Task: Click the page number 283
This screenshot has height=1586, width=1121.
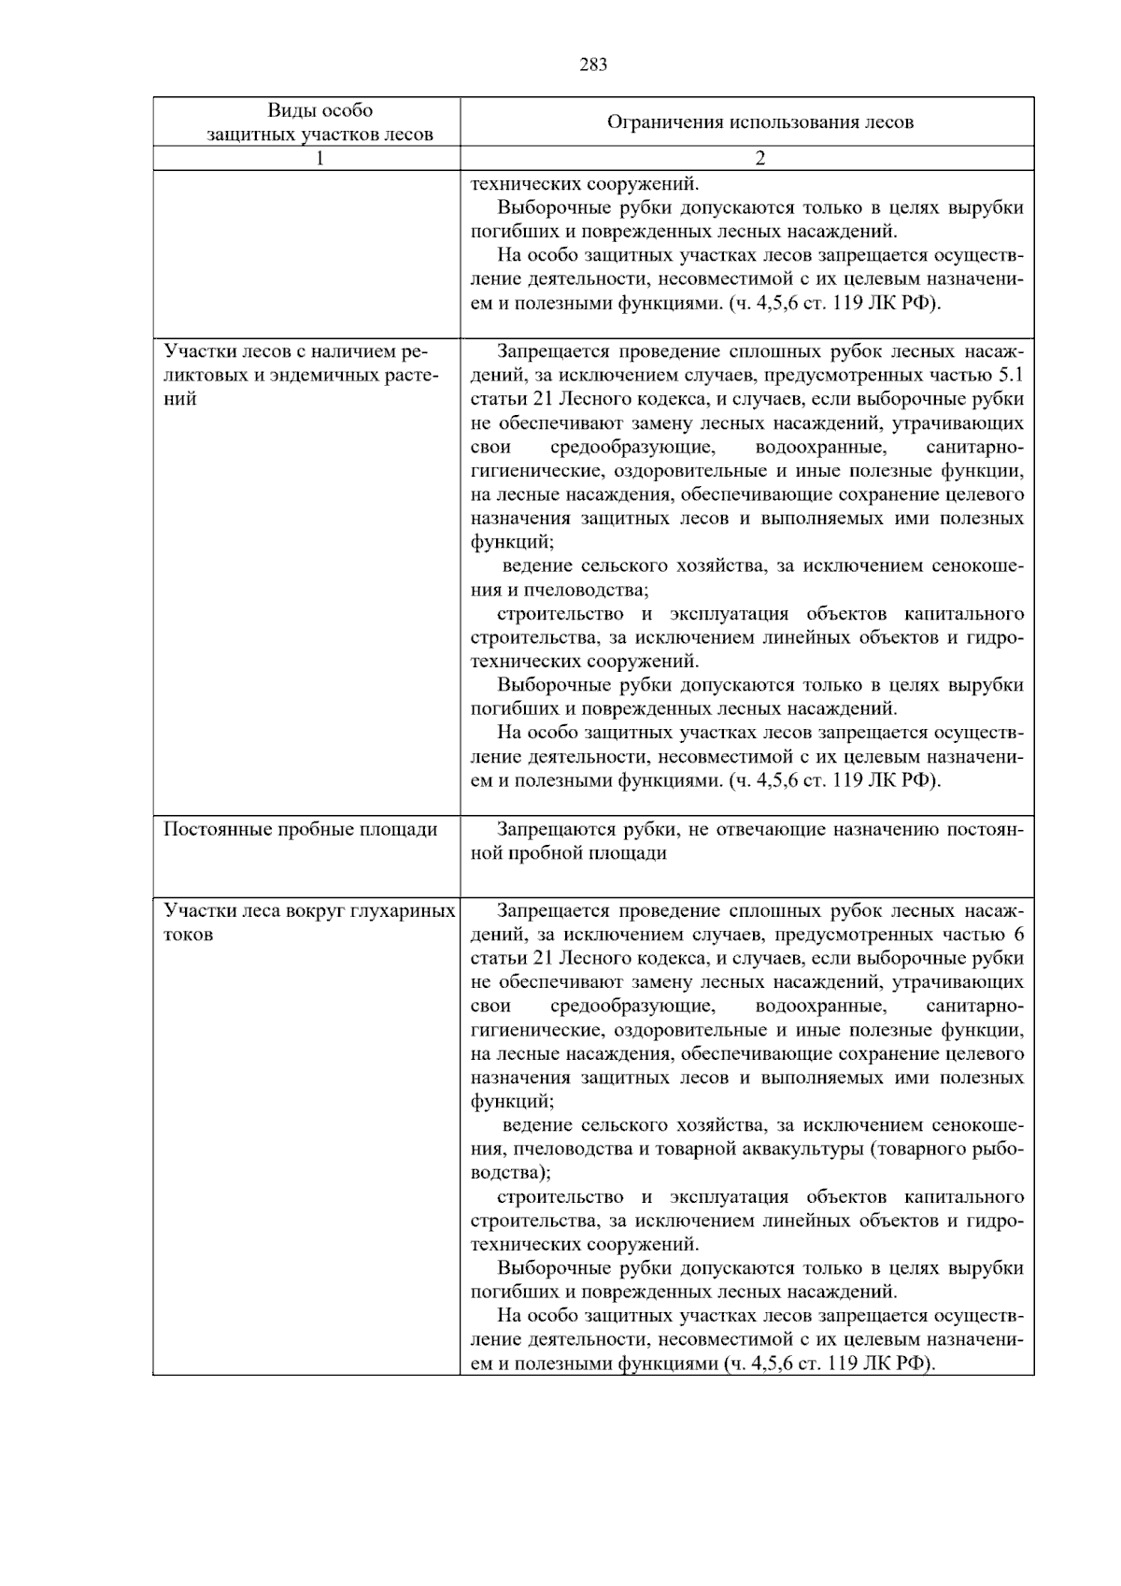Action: click(x=593, y=64)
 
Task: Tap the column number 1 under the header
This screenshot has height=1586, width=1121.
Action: click(x=319, y=159)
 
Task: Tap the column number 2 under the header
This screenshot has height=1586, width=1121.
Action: click(x=759, y=159)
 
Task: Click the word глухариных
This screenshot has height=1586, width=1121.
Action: click(x=404, y=910)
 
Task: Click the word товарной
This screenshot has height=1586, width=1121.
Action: click(x=682, y=1149)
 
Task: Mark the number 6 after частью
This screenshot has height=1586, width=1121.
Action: click(x=1018, y=935)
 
